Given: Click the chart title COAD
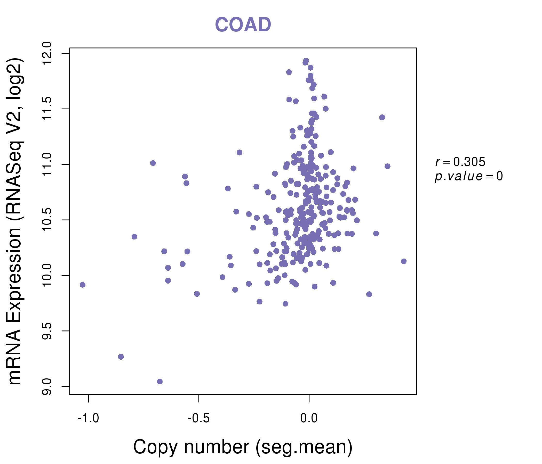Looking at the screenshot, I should (243, 25).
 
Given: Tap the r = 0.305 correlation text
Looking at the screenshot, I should (460, 162).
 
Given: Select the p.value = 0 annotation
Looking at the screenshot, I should (468, 176).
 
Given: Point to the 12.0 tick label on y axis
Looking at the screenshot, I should (47, 54).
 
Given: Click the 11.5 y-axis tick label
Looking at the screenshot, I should (47, 109).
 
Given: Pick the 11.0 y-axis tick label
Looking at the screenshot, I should (47, 164).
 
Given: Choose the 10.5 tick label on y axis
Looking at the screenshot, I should (47, 220).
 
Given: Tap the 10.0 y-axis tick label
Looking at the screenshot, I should (47, 275).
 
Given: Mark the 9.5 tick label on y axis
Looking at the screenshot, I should (47, 331).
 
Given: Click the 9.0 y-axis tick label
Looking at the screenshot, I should (47, 386).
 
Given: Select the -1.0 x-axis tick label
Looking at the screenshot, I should (88, 418).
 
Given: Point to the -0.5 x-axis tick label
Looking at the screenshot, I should (198, 418).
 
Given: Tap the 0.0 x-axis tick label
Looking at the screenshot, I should (309, 418).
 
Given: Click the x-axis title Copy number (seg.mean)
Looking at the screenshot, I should (243, 447).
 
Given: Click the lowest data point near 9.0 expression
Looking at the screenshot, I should (160, 382).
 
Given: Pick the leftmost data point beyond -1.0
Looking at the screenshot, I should (83, 285).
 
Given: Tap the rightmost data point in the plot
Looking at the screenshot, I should (404, 262).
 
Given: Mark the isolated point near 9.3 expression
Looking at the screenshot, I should (121, 357).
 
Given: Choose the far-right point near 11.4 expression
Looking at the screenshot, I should (382, 117).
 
